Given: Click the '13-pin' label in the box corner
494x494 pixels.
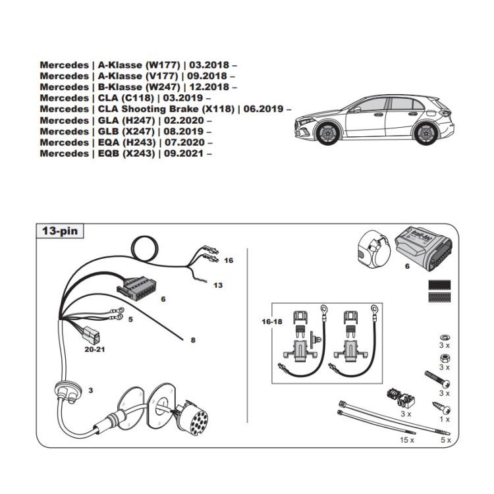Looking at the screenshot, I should coord(59,231).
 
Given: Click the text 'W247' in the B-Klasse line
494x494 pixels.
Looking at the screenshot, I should coord(162,86).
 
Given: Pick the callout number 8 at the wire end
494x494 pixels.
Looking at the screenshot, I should coord(193,340).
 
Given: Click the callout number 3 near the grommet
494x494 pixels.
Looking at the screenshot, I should coord(91,391).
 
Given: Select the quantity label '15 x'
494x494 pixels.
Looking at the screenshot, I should coord(407,439).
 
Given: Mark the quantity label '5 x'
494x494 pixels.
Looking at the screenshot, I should coord(445,439).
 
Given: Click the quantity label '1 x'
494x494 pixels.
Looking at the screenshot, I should coord(444,419).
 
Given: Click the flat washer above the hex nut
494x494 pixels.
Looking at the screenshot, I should coord(443,335).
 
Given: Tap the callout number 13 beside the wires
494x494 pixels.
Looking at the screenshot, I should coord(218,285).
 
